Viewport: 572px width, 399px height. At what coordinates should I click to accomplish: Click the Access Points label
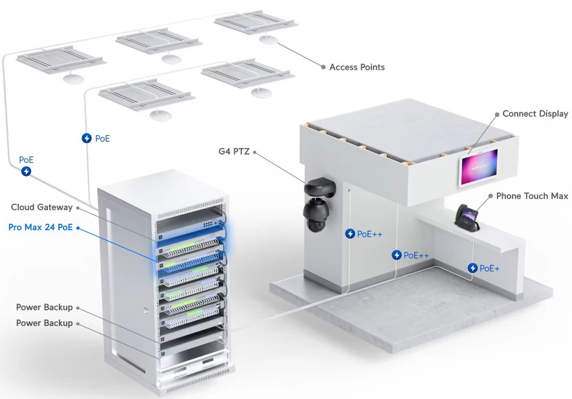tap(357, 67)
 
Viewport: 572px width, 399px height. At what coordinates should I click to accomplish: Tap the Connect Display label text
tap(535, 114)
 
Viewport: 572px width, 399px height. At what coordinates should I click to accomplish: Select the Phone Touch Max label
tap(532, 196)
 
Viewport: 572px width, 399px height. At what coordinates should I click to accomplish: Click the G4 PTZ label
tap(234, 151)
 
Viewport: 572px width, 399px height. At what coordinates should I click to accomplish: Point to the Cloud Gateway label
tap(41, 207)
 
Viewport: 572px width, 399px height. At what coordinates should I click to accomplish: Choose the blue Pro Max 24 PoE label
tap(41, 227)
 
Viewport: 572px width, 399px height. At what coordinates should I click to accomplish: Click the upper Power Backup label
tap(45, 307)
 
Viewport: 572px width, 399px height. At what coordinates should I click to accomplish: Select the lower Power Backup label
tap(45, 323)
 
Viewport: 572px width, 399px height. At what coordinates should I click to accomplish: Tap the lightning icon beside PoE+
tap(473, 268)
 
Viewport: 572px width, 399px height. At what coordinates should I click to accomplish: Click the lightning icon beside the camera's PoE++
tap(350, 234)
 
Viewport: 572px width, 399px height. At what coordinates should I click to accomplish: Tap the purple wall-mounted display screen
tap(479, 166)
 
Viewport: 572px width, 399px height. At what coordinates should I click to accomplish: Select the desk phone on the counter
tap(467, 218)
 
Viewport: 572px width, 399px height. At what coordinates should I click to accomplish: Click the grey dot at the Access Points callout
tap(324, 67)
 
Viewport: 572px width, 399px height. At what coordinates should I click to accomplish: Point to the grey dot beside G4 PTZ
tap(255, 152)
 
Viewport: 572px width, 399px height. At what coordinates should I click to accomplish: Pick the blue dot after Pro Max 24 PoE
tap(78, 228)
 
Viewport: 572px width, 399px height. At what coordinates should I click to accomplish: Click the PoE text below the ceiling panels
tap(102, 138)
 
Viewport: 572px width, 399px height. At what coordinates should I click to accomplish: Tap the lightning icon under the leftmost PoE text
tap(26, 171)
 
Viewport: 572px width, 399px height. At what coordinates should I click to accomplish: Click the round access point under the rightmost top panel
tap(269, 39)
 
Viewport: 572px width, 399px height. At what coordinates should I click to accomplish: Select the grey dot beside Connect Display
tap(497, 114)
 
